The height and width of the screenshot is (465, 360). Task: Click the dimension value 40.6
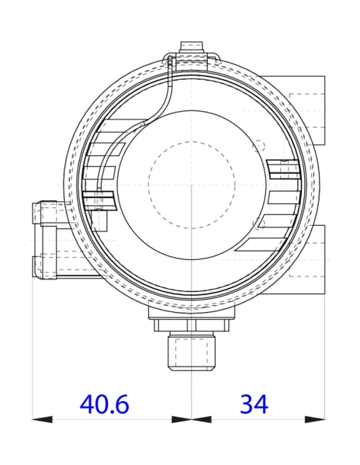[x=104, y=404]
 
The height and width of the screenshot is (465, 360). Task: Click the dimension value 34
[x=254, y=404]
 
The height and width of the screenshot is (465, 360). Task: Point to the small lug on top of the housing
[x=191, y=48]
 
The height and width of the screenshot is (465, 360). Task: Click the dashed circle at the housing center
[x=191, y=185]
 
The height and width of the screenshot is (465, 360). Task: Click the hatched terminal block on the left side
[x=101, y=200]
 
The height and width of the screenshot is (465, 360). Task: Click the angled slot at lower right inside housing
[x=264, y=245]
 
